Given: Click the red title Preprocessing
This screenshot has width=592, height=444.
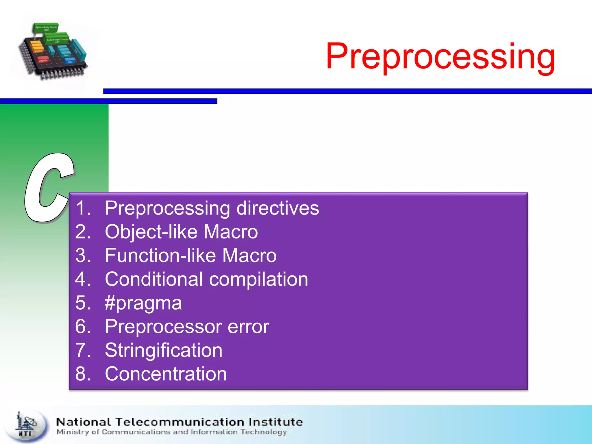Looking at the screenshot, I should point(440,56).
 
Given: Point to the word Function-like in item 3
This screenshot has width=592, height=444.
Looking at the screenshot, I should point(160,256).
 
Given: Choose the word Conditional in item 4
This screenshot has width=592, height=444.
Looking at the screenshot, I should point(154,279).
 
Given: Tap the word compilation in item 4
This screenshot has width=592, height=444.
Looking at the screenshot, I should point(258,280).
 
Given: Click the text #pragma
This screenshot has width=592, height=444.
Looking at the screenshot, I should point(143,304).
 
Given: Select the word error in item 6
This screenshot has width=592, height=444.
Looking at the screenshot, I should point(248,327).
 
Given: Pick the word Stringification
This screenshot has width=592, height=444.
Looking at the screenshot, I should point(164,350).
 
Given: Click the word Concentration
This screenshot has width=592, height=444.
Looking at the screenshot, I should point(166,374).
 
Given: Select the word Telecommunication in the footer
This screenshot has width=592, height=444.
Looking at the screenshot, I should point(180,422).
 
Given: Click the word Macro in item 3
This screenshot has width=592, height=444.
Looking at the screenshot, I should point(249,256).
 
